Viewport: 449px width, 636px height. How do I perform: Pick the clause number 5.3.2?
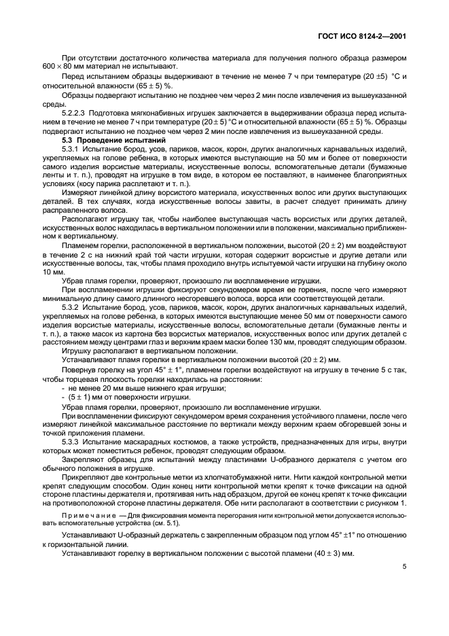coord(73,307)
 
